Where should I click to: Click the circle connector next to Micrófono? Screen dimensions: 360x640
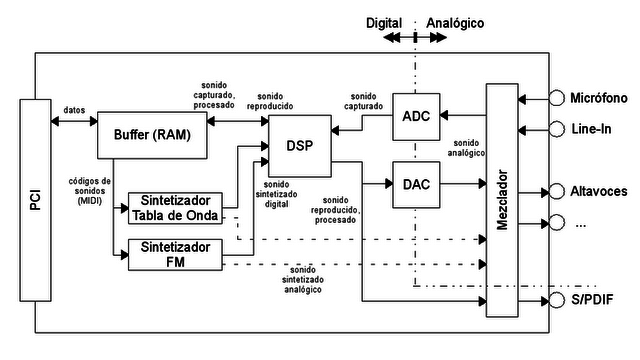(556, 98)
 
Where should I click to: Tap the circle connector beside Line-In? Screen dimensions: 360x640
(556, 129)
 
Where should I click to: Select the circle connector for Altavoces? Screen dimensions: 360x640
(556, 190)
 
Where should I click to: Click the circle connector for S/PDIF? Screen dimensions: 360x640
(556, 301)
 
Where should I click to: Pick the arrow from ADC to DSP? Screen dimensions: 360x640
(360, 128)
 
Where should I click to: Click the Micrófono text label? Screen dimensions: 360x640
(598, 99)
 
